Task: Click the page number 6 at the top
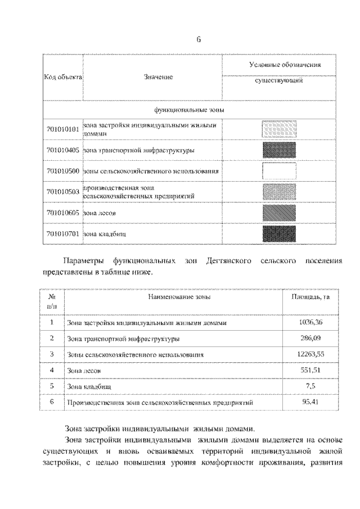point(199,39)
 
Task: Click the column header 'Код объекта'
point(63,76)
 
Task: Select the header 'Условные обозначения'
point(285,65)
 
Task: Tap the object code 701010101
point(63,129)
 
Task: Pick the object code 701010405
point(63,150)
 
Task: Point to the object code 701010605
point(63,213)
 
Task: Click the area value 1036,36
point(310,323)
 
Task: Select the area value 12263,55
point(310,355)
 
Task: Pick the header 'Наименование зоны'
point(179,296)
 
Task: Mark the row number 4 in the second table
point(52,371)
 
